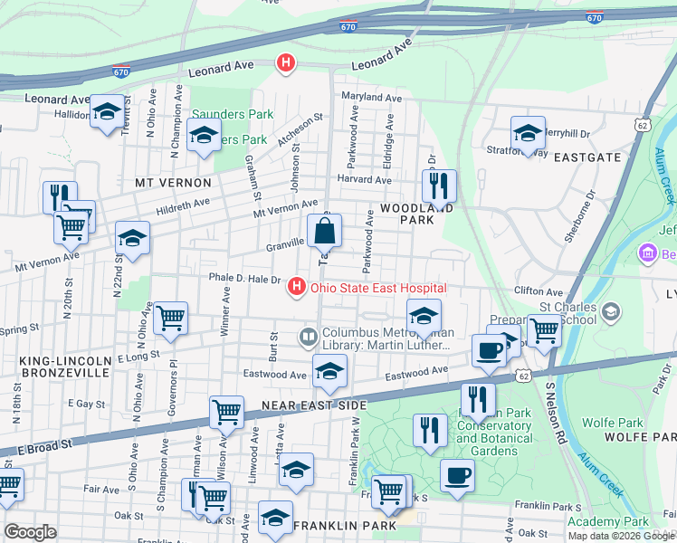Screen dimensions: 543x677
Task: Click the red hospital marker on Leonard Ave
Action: coord(286,63)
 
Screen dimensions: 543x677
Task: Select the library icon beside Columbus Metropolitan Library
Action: coord(309,338)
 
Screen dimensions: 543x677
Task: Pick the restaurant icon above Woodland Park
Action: coord(439,186)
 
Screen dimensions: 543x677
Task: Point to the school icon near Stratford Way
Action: coord(528,134)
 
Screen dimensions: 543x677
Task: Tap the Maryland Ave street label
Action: coord(371,98)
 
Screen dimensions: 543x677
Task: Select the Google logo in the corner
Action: coord(30,532)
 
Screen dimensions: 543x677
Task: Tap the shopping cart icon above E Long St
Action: coord(170,319)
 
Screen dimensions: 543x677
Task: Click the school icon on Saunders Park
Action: coord(204,136)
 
